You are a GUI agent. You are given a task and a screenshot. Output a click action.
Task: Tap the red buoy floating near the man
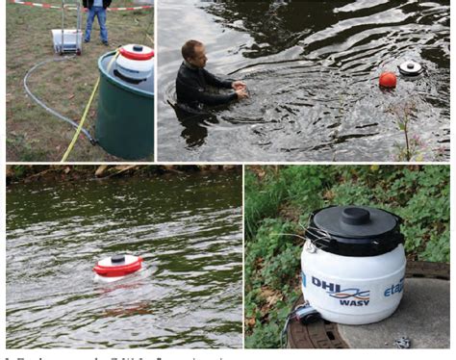387,81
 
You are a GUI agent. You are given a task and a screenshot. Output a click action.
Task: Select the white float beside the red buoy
411,68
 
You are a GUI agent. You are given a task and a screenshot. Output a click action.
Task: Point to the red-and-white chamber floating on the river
117,265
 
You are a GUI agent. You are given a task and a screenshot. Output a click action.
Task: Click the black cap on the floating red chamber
117,258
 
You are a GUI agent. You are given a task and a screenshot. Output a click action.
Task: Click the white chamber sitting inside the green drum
135,60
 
